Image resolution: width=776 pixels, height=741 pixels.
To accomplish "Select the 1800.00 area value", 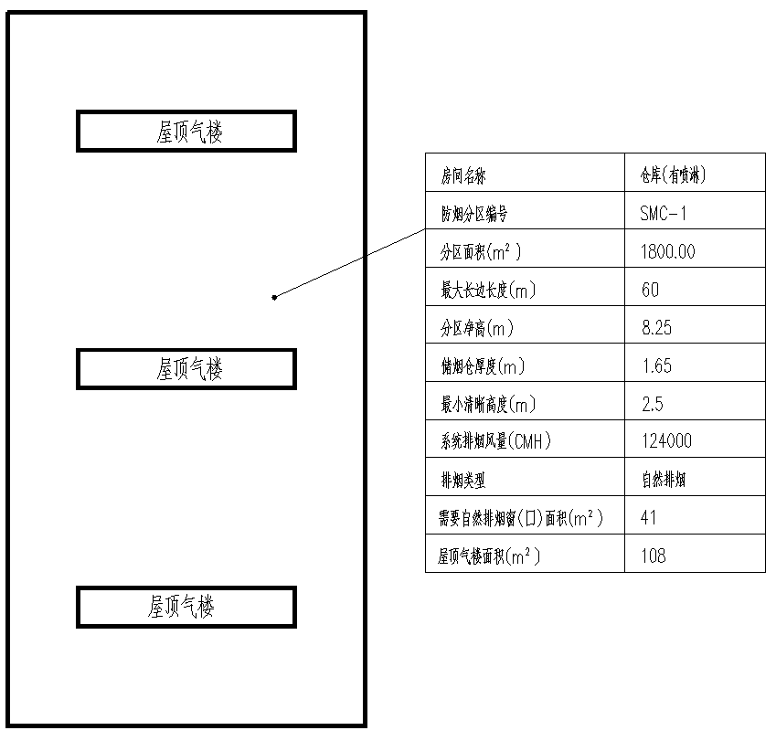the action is point(667,252).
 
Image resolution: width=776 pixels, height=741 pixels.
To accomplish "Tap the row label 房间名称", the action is point(464,175).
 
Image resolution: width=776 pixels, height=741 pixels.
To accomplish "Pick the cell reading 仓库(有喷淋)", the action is point(673,175).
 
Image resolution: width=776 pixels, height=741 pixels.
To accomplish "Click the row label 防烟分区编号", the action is point(473,214).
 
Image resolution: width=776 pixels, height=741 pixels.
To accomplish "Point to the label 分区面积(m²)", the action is point(481,252).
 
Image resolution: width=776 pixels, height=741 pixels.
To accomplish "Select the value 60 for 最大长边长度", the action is point(650,291).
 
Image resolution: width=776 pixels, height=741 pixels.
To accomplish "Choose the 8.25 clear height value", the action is point(660,328).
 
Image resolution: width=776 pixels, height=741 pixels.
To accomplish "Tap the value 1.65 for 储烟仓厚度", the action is point(656,366).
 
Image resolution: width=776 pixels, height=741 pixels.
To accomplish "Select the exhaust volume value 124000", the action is point(666,442).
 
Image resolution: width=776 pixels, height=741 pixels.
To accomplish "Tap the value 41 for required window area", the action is point(649,518).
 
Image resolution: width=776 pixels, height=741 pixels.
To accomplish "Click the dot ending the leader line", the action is point(274,296).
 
